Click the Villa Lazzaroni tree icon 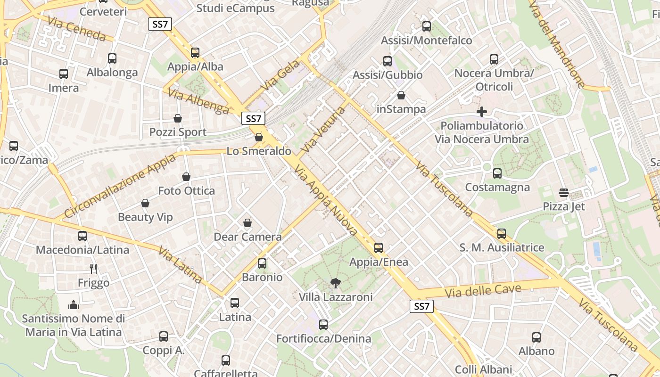point(335,283)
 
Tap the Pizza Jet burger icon point(563,193)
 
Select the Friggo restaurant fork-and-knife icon point(93,269)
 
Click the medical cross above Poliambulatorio point(481,112)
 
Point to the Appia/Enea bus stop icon point(379,248)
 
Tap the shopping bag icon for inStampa point(401,96)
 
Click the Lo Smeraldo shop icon point(259,138)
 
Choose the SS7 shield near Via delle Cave point(421,306)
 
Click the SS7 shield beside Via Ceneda point(160,24)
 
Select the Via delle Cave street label point(483,290)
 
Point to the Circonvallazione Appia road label point(120,186)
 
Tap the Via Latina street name point(180,265)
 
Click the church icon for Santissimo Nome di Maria point(73,305)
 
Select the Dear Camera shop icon point(247,223)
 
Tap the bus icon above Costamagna point(497,173)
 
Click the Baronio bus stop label point(262,277)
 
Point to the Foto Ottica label point(186,191)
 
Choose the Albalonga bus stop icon point(112,58)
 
